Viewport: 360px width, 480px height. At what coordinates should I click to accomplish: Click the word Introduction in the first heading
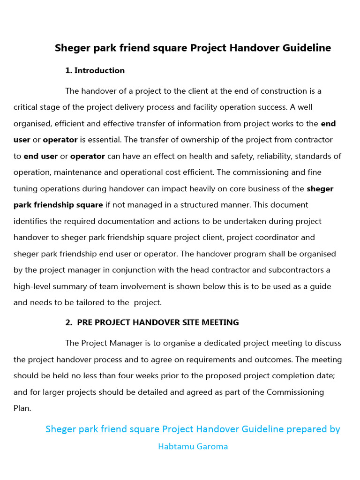pos(99,71)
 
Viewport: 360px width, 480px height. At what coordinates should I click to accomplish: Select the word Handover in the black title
pos(249,48)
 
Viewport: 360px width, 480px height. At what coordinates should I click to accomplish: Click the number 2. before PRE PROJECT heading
pos(68,322)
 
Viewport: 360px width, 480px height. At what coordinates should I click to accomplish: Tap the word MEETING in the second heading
pos(220,322)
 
